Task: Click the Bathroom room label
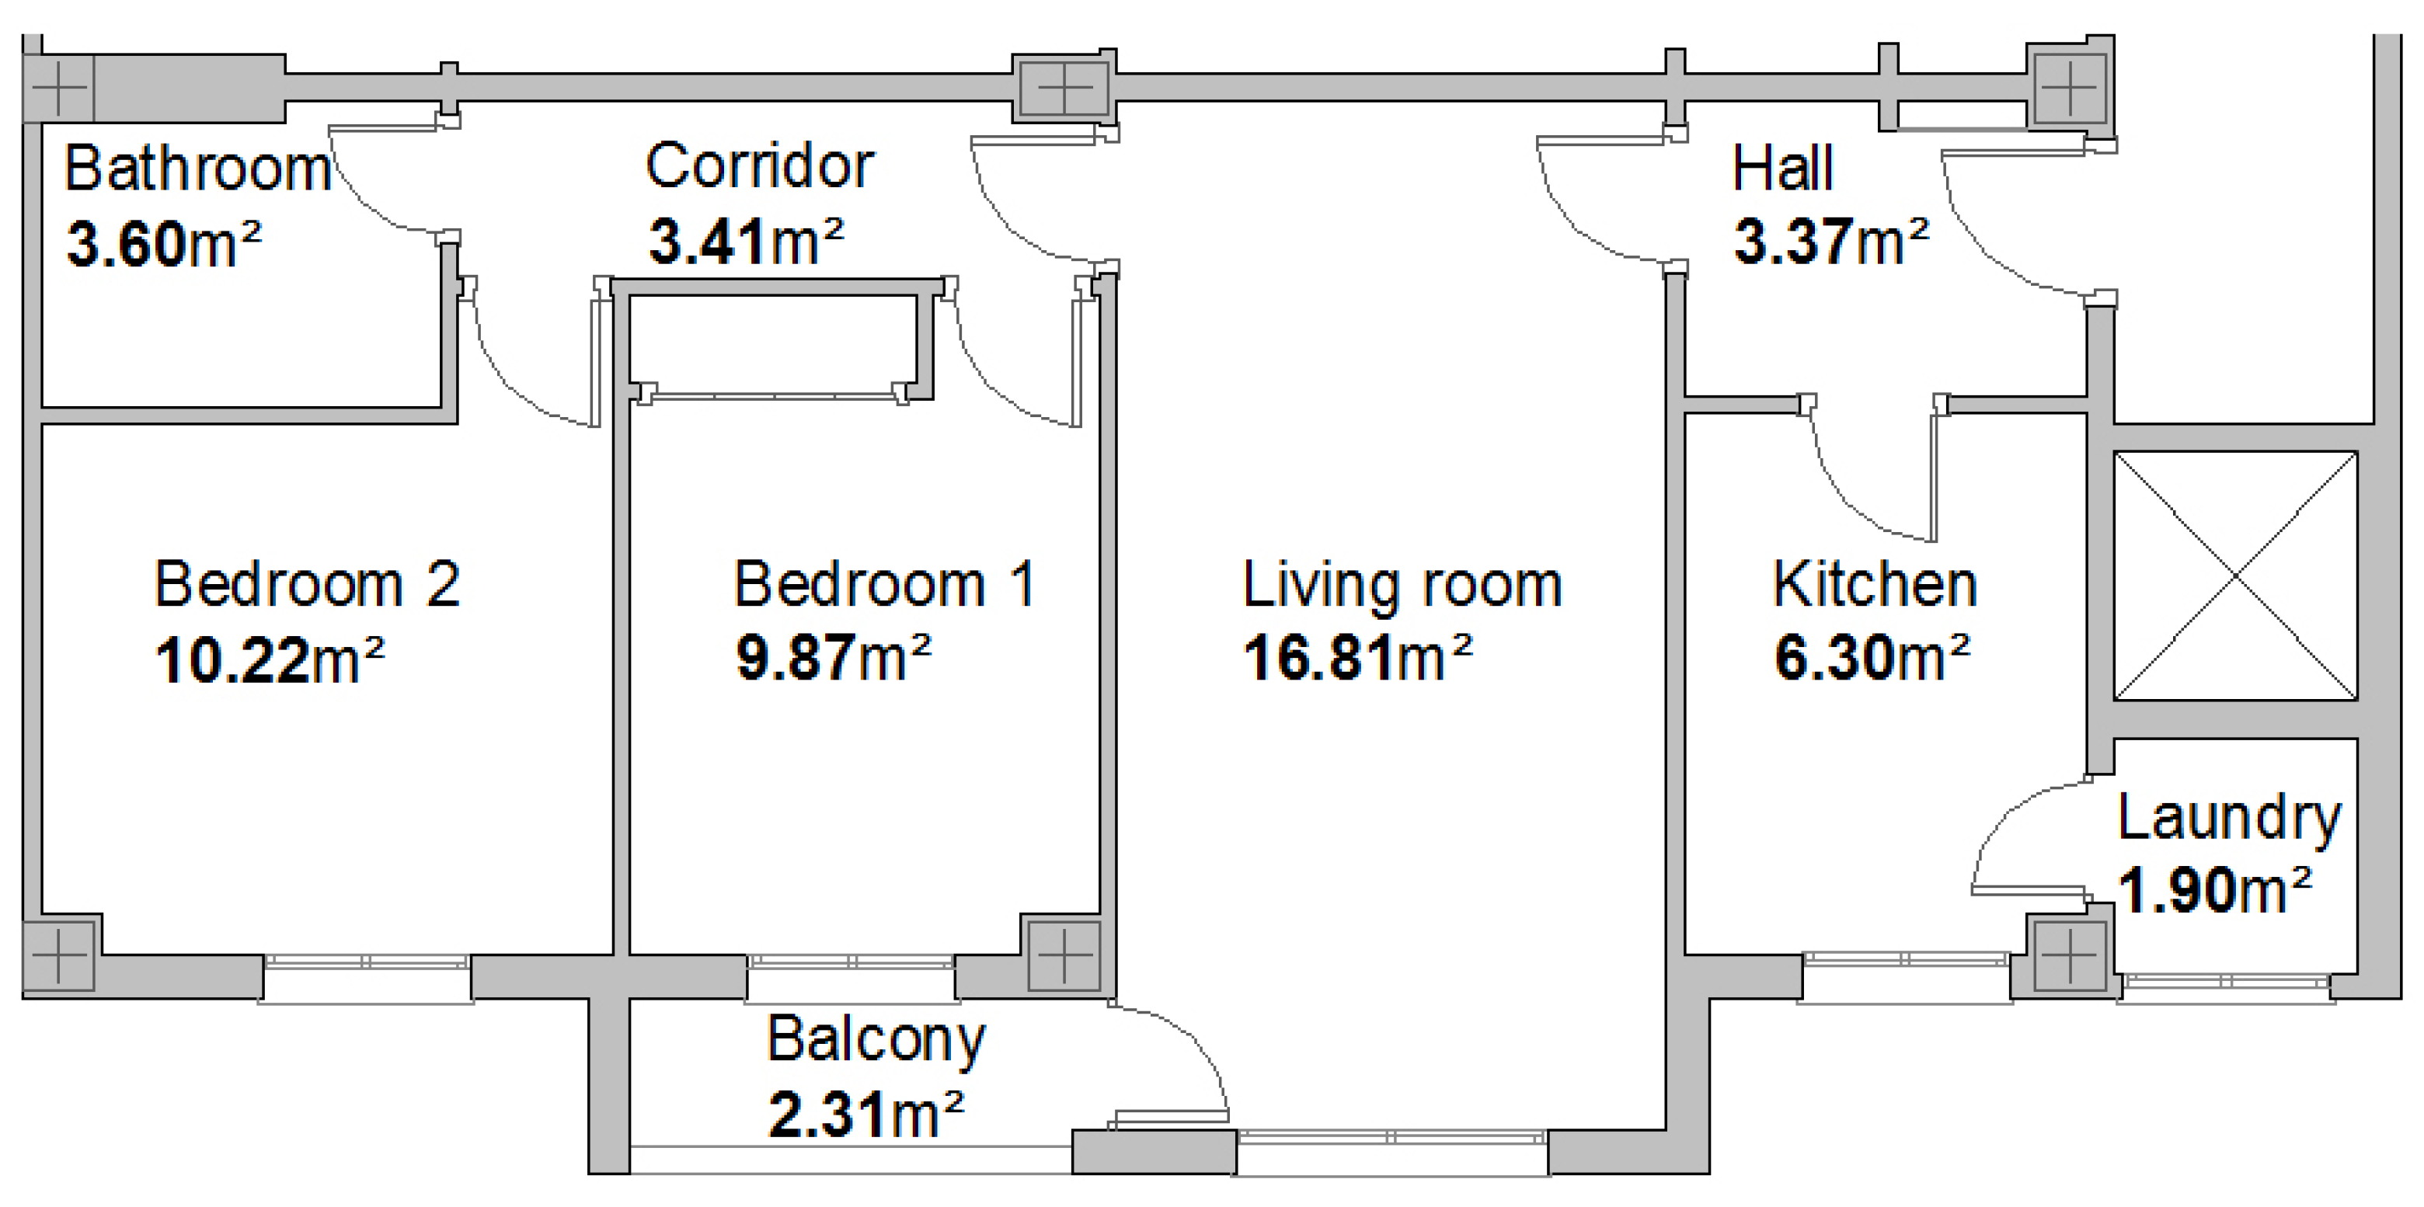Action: click(197, 169)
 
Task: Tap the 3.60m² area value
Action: click(164, 244)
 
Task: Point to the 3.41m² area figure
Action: click(746, 241)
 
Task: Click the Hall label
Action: click(1783, 169)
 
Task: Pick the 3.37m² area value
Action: click(1831, 241)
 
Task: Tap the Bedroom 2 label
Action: click(308, 584)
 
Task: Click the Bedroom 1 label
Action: click(885, 584)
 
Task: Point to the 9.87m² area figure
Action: click(834, 656)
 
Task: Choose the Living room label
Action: click(1403, 585)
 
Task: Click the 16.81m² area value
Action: click(1358, 656)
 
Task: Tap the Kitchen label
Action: click(1875, 584)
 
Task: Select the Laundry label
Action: click(2229, 819)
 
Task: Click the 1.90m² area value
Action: click(2215, 890)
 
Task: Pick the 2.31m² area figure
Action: click(866, 1115)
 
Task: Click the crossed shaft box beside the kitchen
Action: click(2236, 576)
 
